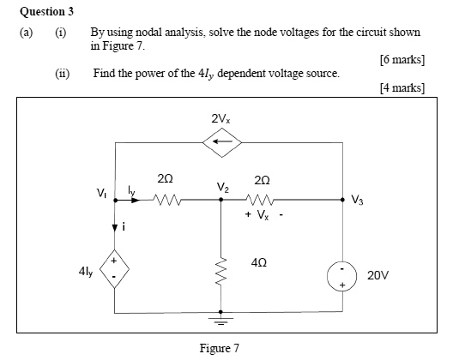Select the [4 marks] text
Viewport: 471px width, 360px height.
pyautogui.click(x=402, y=87)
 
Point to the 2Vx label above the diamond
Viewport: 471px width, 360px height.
pyautogui.click(x=220, y=117)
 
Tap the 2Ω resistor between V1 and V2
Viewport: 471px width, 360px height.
pyautogui.click(x=168, y=202)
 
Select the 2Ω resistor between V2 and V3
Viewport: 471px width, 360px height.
pyautogui.click(x=263, y=202)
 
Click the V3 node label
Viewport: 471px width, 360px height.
pyautogui.click(x=359, y=202)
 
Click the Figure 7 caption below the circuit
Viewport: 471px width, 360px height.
pyautogui.click(x=219, y=348)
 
